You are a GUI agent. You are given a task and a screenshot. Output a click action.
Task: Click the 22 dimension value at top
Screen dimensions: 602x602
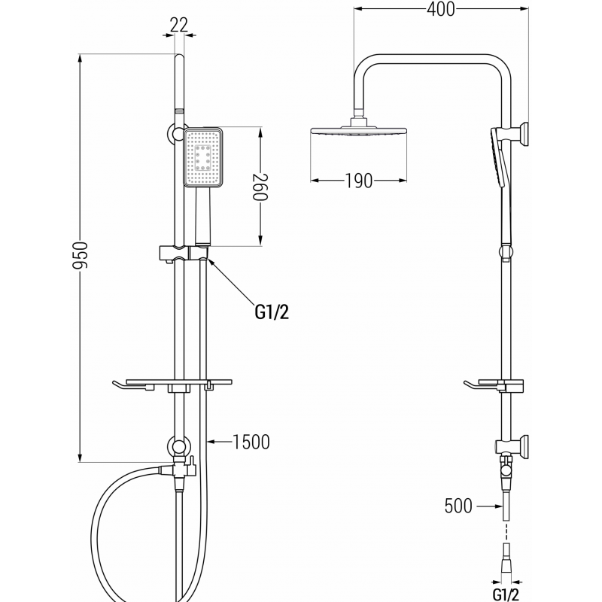point(178,24)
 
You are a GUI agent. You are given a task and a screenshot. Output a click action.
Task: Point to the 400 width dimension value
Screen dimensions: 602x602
point(440,10)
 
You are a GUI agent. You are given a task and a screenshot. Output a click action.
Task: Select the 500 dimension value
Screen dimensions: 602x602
point(458,506)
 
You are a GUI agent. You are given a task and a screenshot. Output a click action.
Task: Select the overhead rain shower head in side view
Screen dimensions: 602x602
point(360,132)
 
